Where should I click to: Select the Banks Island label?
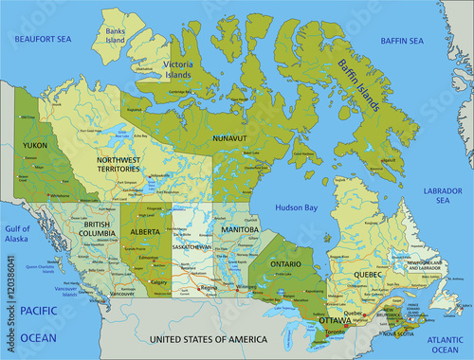pos(116,34)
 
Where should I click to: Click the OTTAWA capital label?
pos(334,319)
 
